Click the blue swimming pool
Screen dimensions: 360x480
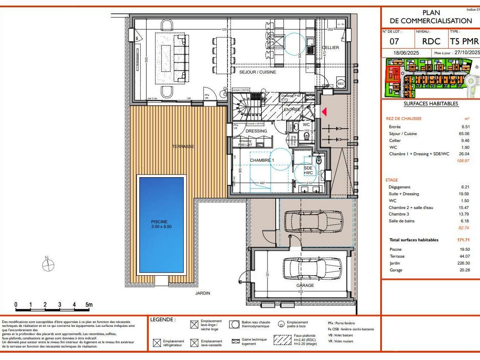pos(161,225)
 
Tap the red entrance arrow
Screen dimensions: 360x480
pos(324,112)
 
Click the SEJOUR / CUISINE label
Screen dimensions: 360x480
pos(258,72)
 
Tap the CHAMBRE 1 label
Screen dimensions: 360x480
pos(262,160)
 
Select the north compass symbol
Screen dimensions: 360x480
pos(48,265)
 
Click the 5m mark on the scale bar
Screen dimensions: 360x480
pos(89,305)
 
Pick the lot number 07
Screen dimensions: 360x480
pos(394,42)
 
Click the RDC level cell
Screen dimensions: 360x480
pos(431,42)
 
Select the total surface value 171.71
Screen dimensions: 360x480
pos(463,240)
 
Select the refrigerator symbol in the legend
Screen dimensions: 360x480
pos(157,343)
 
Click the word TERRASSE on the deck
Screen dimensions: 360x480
pos(184,147)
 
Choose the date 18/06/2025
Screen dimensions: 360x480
pos(406,52)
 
